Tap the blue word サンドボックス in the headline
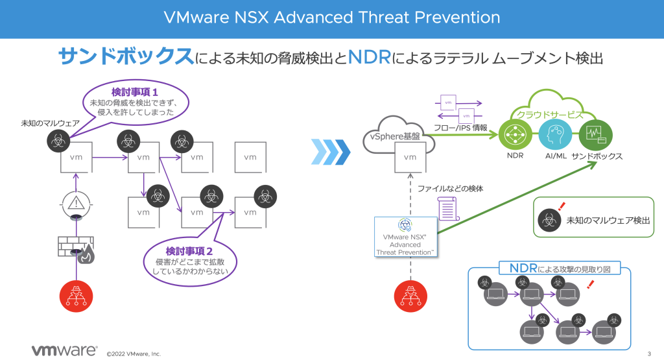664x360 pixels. pos(126,56)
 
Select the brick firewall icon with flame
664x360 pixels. pos(77,249)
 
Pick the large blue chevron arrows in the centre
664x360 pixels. pos(331,153)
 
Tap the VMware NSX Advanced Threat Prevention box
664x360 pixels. pos(406,237)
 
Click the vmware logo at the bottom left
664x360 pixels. pos(64,350)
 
